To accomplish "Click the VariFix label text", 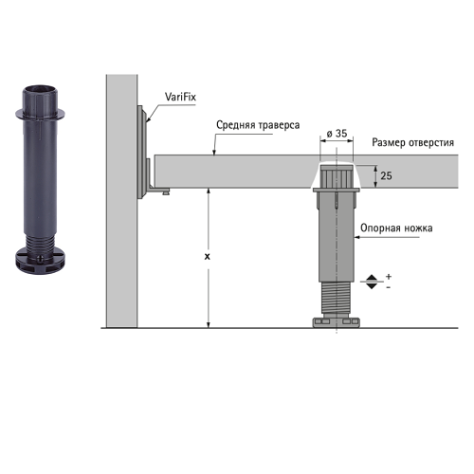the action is pos(180,97).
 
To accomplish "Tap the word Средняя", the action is pos(236,125).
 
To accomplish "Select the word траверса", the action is pos(279,125).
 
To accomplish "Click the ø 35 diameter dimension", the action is pos(337,134).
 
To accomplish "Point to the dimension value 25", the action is pos(386,175).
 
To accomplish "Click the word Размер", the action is pos(389,143).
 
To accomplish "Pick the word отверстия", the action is pos(431,143).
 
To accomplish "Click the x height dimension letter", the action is pos(208,257).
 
